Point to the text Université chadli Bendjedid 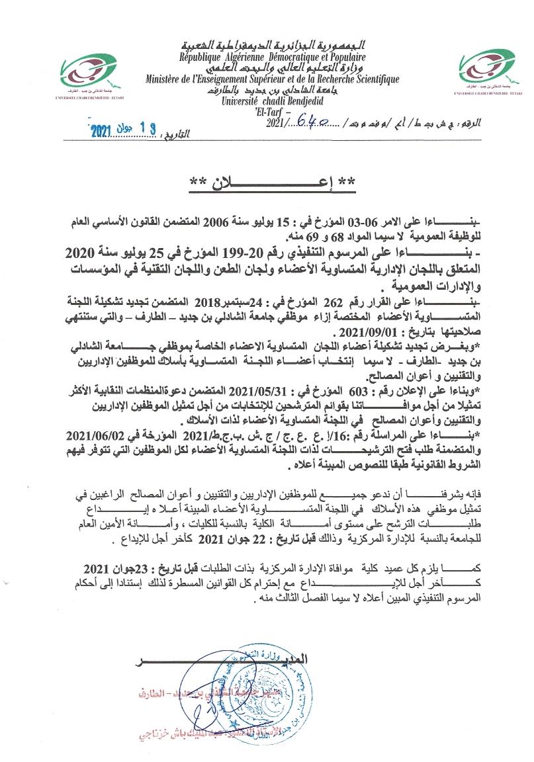271,101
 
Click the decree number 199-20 290,253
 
